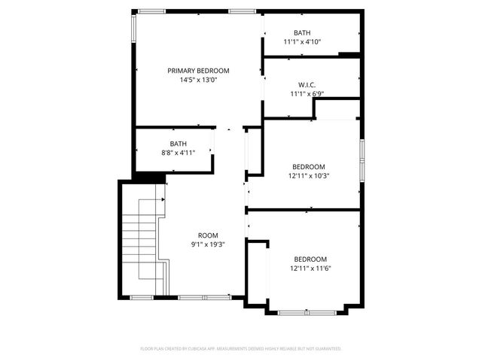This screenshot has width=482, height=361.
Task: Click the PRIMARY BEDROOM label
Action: [x=198, y=71]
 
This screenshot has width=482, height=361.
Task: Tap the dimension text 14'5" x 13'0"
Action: [x=198, y=80]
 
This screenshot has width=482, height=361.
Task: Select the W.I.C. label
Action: [x=306, y=85]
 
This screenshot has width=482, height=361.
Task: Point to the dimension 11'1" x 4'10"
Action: [x=302, y=42]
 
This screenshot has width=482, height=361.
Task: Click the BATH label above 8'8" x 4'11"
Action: [x=178, y=144]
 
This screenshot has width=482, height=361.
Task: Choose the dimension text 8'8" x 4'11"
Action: [x=178, y=153]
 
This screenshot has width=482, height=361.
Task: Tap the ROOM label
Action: [x=208, y=235]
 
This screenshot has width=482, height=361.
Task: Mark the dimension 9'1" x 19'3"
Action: [x=208, y=244]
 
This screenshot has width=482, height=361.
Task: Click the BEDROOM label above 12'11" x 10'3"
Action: [x=309, y=167]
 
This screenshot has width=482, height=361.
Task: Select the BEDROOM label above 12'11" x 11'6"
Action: [x=310, y=259]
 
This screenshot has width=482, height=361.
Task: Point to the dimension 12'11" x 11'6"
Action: [x=310, y=268]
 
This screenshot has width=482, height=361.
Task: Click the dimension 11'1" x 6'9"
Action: [x=306, y=94]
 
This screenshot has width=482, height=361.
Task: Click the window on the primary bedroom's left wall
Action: [x=134, y=30]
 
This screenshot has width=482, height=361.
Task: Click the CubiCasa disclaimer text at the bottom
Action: [x=241, y=349]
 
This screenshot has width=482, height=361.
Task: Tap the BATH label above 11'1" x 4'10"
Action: [x=302, y=33]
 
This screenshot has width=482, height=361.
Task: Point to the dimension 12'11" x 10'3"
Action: [x=309, y=176]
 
